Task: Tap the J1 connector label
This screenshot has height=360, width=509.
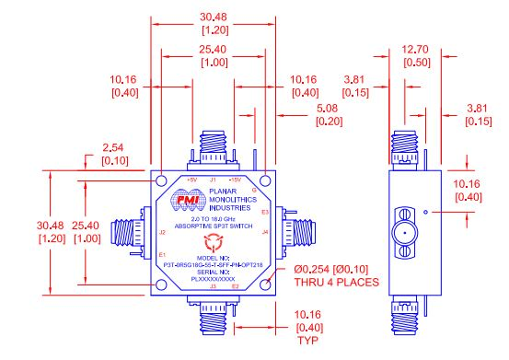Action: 214,180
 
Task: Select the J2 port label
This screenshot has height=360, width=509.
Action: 162,232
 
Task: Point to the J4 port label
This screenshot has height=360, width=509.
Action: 265,232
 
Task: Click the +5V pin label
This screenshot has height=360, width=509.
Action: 191,180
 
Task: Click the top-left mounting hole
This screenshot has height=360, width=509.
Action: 162,180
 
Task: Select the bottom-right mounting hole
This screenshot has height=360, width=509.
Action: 265,285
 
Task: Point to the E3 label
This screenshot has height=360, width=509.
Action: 264,213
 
